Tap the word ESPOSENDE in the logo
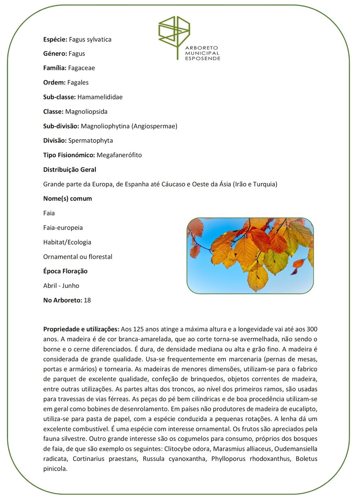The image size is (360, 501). click(202, 58)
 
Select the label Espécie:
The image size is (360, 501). click(55, 39)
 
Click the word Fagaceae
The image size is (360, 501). click(82, 68)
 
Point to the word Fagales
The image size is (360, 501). click(78, 83)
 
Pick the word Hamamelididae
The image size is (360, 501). click(100, 97)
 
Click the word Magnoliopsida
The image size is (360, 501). click(86, 111)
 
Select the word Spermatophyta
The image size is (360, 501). click(90, 141)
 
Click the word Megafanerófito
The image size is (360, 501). click(119, 155)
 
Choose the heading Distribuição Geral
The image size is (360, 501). click(70, 169)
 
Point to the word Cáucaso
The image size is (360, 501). click(173, 184)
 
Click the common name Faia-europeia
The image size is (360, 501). click(63, 227)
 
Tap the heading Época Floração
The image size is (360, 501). click(65, 271)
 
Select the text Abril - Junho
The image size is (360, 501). click(61, 285)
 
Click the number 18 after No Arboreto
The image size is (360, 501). click(87, 300)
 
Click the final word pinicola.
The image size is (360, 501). click(55, 469)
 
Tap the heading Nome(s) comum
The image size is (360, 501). click(67, 199)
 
